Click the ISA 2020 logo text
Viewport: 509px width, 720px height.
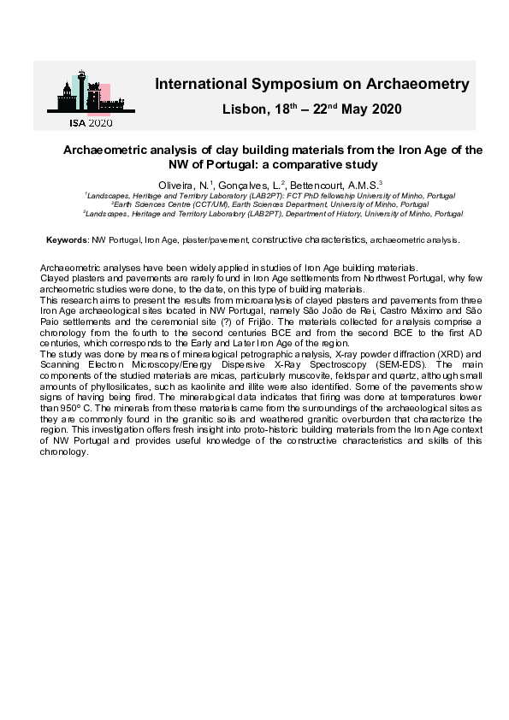[90, 123]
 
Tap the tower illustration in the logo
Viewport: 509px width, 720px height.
[80, 91]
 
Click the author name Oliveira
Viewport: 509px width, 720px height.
[176, 186]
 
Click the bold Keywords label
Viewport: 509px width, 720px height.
[67, 240]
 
